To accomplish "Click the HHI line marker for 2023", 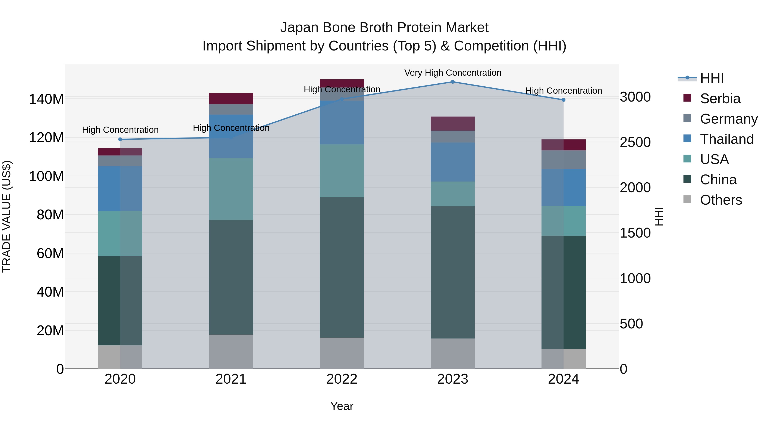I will (x=453, y=82).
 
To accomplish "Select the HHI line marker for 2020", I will (x=120, y=139).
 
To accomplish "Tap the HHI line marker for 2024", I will (x=563, y=100).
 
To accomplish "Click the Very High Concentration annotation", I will (x=453, y=73).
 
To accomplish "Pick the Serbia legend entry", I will (x=720, y=99).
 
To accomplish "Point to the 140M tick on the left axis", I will (x=46, y=99).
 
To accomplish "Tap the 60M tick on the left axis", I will (x=50, y=253).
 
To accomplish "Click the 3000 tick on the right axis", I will (x=635, y=97).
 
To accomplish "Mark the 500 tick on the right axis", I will (x=631, y=324).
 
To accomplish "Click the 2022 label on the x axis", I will (x=342, y=379).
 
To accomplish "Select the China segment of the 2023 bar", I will (x=453, y=272).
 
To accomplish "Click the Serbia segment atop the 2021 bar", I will (x=231, y=99).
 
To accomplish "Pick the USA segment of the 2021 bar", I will (x=231, y=189).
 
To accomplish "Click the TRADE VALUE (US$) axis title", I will (x=7, y=216).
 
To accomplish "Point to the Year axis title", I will (x=342, y=406).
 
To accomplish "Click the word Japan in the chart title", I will (x=299, y=28).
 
